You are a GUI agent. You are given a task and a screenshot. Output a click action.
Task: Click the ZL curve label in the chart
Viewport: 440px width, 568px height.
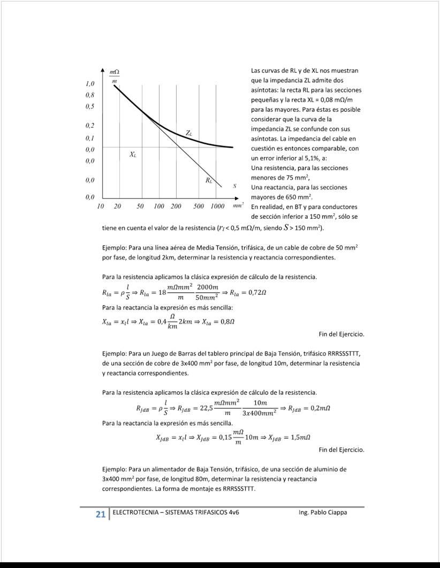pos(189,132)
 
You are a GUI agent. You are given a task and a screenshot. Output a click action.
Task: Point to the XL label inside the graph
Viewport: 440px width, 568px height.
pos(133,155)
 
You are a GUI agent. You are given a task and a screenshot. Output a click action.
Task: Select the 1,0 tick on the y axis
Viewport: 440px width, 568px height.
pos(90,84)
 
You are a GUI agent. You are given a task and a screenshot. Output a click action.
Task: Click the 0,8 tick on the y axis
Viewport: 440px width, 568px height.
pos(90,95)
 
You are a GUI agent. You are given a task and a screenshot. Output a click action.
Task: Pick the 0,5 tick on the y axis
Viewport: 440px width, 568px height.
pos(90,106)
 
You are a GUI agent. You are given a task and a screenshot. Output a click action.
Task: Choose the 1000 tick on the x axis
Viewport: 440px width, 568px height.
pos(217,206)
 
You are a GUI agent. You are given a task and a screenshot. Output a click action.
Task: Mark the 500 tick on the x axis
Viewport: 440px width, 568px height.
pos(199,206)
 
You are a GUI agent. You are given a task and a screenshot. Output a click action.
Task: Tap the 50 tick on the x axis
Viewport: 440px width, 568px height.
pos(140,206)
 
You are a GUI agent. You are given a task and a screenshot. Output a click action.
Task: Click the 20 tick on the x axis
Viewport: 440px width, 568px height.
pos(118,206)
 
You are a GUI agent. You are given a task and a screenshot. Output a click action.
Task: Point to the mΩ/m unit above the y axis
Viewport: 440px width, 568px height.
pos(114,75)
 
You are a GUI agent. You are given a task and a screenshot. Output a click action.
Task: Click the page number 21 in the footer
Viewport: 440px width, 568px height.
pos(100,514)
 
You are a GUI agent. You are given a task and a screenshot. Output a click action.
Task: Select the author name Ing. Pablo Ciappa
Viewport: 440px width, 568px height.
pos(323,512)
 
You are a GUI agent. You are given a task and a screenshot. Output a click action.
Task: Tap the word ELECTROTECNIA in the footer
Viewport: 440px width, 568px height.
pos(134,512)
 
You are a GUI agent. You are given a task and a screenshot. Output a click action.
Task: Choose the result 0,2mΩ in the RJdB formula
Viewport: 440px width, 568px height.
pos(316,408)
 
